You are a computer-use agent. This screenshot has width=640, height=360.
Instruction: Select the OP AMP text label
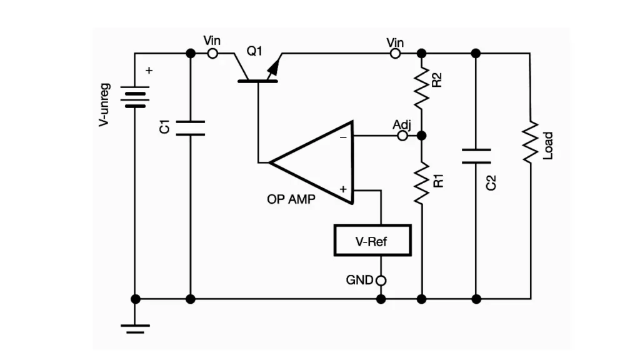pyautogui.click(x=291, y=199)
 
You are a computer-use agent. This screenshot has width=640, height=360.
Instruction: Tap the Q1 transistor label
pyautogui.click(x=254, y=51)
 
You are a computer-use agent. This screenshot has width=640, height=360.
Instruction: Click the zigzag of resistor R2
pyautogui.click(x=422, y=87)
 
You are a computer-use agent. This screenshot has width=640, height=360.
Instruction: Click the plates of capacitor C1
pyautogui.click(x=190, y=127)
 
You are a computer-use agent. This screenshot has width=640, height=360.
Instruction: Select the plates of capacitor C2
pyautogui.click(x=476, y=156)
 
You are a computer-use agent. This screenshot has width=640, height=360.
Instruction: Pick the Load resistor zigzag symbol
pyautogui.click(x=530, y=142)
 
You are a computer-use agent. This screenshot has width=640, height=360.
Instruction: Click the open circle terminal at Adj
pyautogui.click(x=402, y=136)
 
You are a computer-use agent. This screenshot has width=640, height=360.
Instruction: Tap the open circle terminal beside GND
pyautogui.click(x=381, y=281)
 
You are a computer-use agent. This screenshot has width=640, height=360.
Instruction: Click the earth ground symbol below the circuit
pyautogui.click(x=135, y=329)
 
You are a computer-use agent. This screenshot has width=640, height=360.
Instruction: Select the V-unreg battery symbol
pyautogui.click(x=135, y=97)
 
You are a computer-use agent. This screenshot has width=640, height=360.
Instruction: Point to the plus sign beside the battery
pyautogui.click(x=149, y=71)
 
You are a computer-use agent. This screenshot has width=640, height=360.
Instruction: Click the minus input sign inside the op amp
pyautogui.click(x=343, y=137)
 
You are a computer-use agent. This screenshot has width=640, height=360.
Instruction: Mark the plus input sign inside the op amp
pyautogui.click(x=343, y=189)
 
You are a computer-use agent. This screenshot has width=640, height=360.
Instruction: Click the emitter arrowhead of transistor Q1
pyautogui.click(x=274, y=68)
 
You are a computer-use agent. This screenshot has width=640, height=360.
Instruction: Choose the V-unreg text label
pyautogui.click(x=104, y=105)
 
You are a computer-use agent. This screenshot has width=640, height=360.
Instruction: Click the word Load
pyautogui.click(x=547, y=146)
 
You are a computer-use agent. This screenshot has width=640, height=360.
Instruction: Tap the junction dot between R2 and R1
pyautogui.click(x=422, y=136)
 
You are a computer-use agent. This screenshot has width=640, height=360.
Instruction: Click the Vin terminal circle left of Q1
pyautogui.click(x=212, y=54)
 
